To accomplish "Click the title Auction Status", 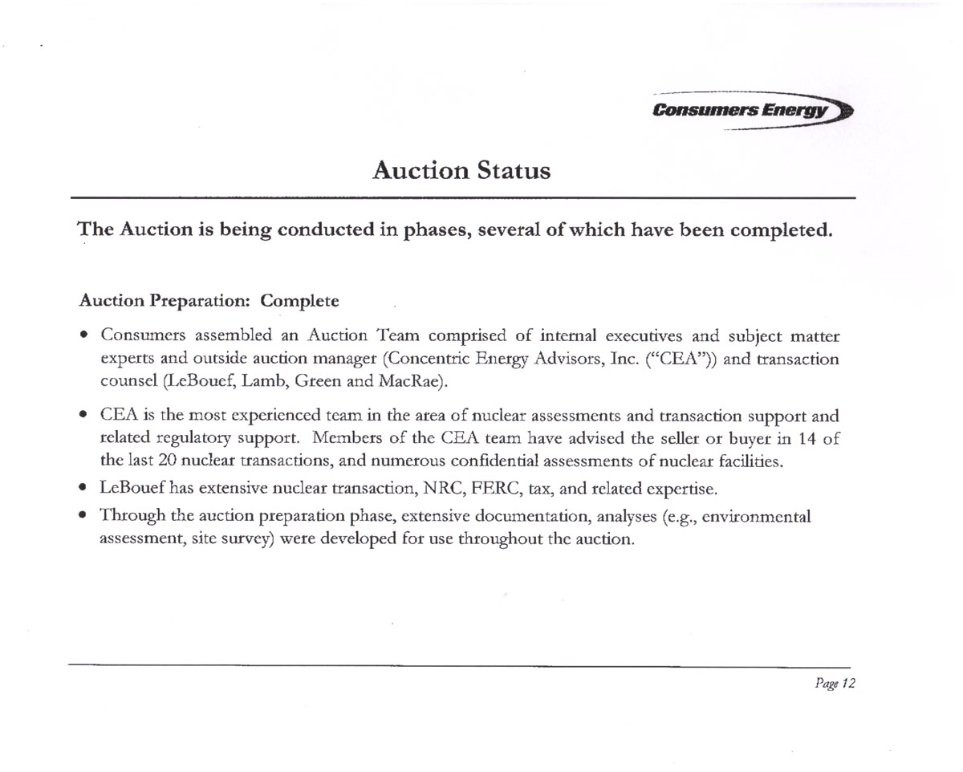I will point(462,170).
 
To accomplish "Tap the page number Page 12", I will point(835,684).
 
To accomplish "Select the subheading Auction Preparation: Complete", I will point(209,301).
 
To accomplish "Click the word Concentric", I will point(453,358).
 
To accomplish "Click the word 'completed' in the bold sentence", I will point(772,230).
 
